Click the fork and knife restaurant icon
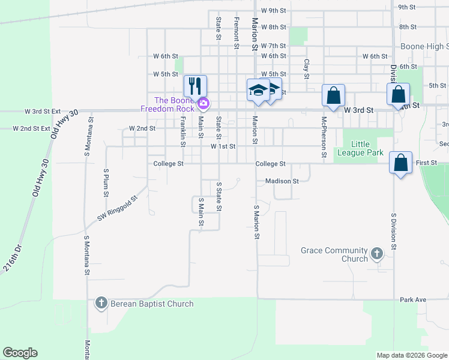tap(195, 86)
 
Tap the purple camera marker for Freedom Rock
tap(203, 104)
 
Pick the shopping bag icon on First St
tap(400, 163)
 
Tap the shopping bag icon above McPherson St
tap(333, 95)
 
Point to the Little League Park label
tap(367, 148)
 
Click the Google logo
tap(20, 353)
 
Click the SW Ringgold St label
tap(118, 209)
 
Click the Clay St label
tap(306, 68)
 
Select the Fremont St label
tap(237, 29)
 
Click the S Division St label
tap(394, 230)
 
